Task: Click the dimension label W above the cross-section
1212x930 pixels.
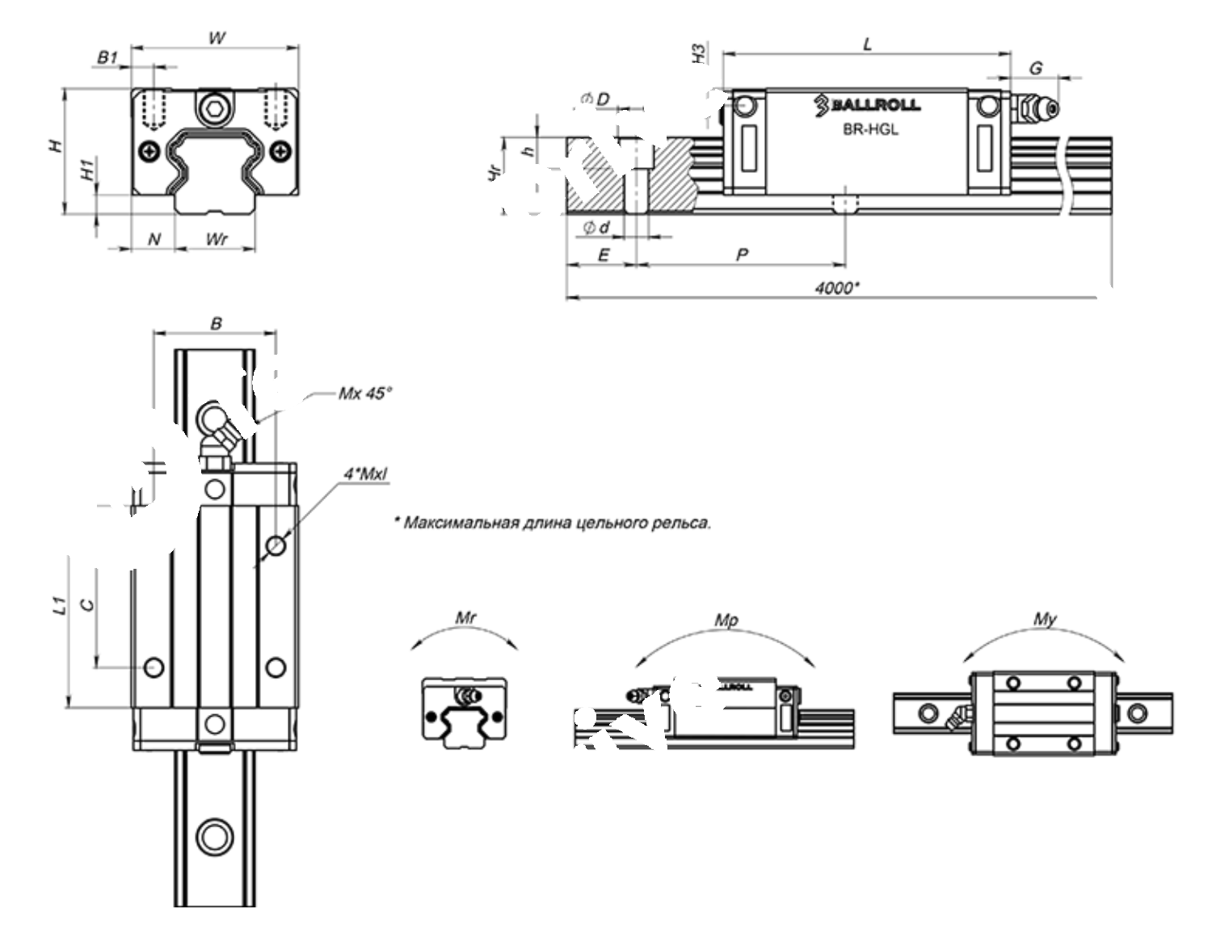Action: pos(217,37)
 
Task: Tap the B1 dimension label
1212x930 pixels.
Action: pos(107,57)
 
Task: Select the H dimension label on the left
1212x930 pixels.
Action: pos(54,146)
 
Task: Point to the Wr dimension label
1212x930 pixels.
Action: pos(216,239)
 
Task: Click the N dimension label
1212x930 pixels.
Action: pos(154,239)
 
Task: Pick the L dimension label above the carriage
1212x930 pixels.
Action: pos(868,44)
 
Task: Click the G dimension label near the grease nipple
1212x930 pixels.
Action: pos(1035,68)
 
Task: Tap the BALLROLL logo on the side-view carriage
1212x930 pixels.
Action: pos(866,103)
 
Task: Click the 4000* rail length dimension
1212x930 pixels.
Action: pos(836,288)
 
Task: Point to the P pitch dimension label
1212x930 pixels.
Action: pos(742,255)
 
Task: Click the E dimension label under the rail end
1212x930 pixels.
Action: pos(602,255)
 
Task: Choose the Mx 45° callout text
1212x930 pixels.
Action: pos(364,393)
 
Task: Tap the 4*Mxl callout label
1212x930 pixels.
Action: pos(365,474)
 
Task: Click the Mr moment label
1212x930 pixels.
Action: pos(465,618)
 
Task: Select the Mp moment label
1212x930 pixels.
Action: pos(726,621)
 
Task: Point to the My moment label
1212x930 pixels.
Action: pos(1045,619)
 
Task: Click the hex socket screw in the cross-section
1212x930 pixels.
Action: pos(214,108)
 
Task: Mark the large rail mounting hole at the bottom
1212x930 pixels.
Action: pos(215,835)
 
